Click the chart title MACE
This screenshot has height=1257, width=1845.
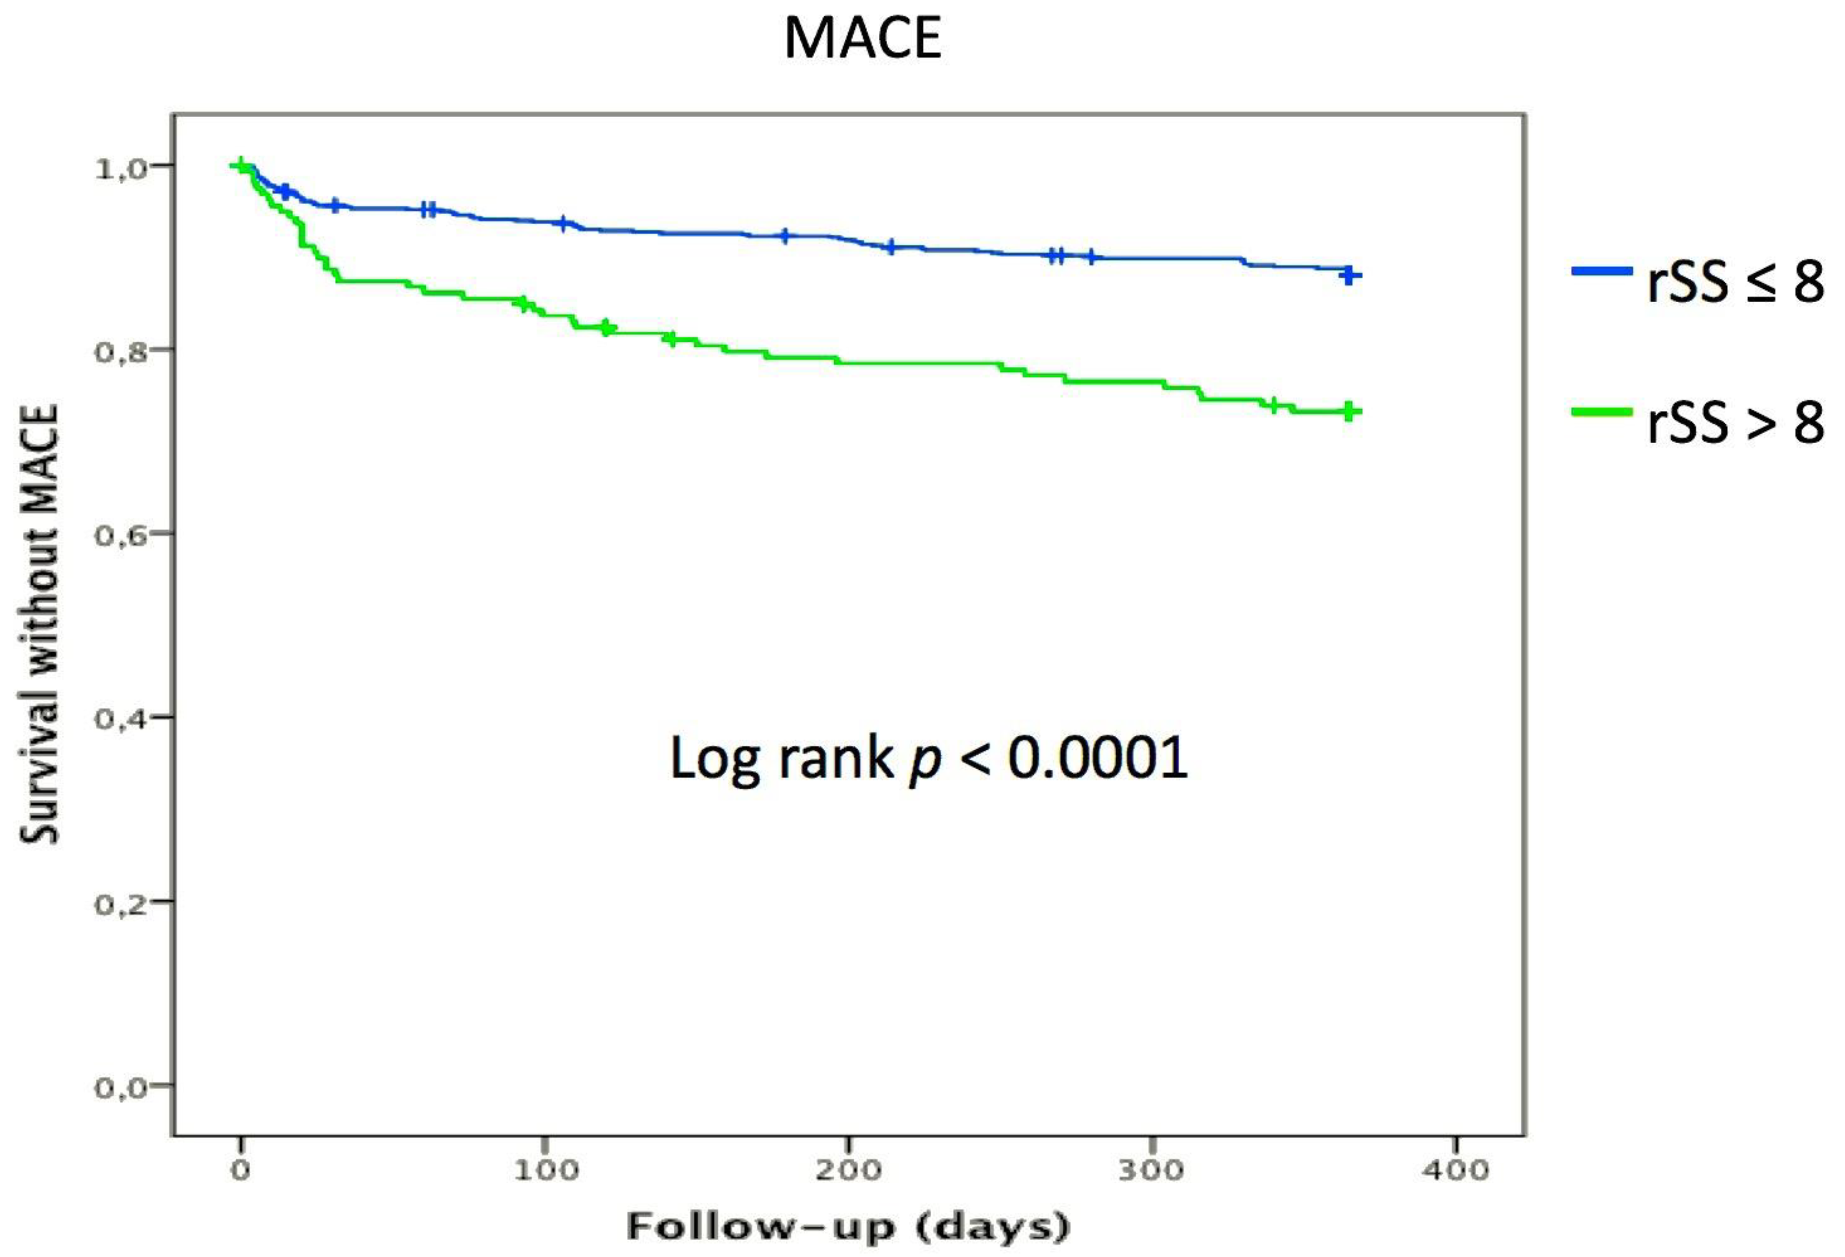click(x=862, y=38)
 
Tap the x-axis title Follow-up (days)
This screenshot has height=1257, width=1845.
click(x=849, y=1227)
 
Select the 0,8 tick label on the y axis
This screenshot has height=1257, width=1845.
click(x=121, y=351)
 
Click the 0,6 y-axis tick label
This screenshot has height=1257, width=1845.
click(x=121, y=534)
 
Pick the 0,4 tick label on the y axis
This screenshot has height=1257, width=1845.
click(x=121, y=718)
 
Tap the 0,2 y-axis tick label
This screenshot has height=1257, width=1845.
click(x=121, y=903)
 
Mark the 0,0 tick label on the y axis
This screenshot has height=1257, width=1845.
click(x=121, y=1086)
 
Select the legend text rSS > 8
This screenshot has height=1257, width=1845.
click(x=1735, y=423)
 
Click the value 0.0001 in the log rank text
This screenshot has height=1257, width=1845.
click(x=1098, y=758)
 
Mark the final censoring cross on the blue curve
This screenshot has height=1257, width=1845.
click(x=1348, y=276)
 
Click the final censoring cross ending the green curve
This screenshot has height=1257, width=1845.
click(x=1348, y=411)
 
